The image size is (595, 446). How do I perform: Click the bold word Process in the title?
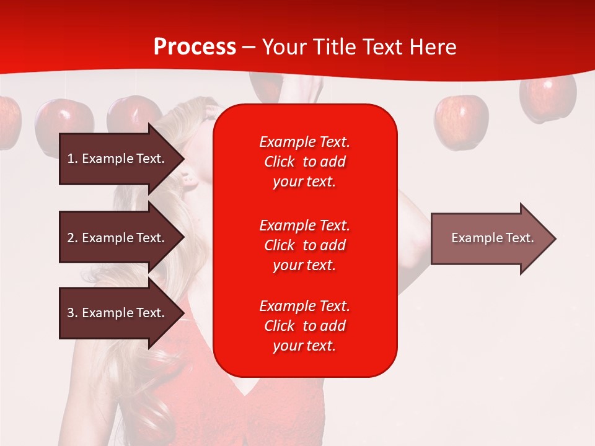pos(195,46)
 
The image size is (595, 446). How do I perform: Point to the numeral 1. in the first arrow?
pos(73,159)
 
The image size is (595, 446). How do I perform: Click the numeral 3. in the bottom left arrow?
pos(73,313)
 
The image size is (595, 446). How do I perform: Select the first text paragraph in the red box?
pos(304,162)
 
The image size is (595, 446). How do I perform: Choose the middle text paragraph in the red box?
pos(304,245)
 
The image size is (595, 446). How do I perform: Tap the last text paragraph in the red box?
pos(304,326)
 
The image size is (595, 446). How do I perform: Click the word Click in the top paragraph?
pos(280,162)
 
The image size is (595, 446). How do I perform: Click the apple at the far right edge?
pos(548,99)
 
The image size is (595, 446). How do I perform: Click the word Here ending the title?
pos(433,47)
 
